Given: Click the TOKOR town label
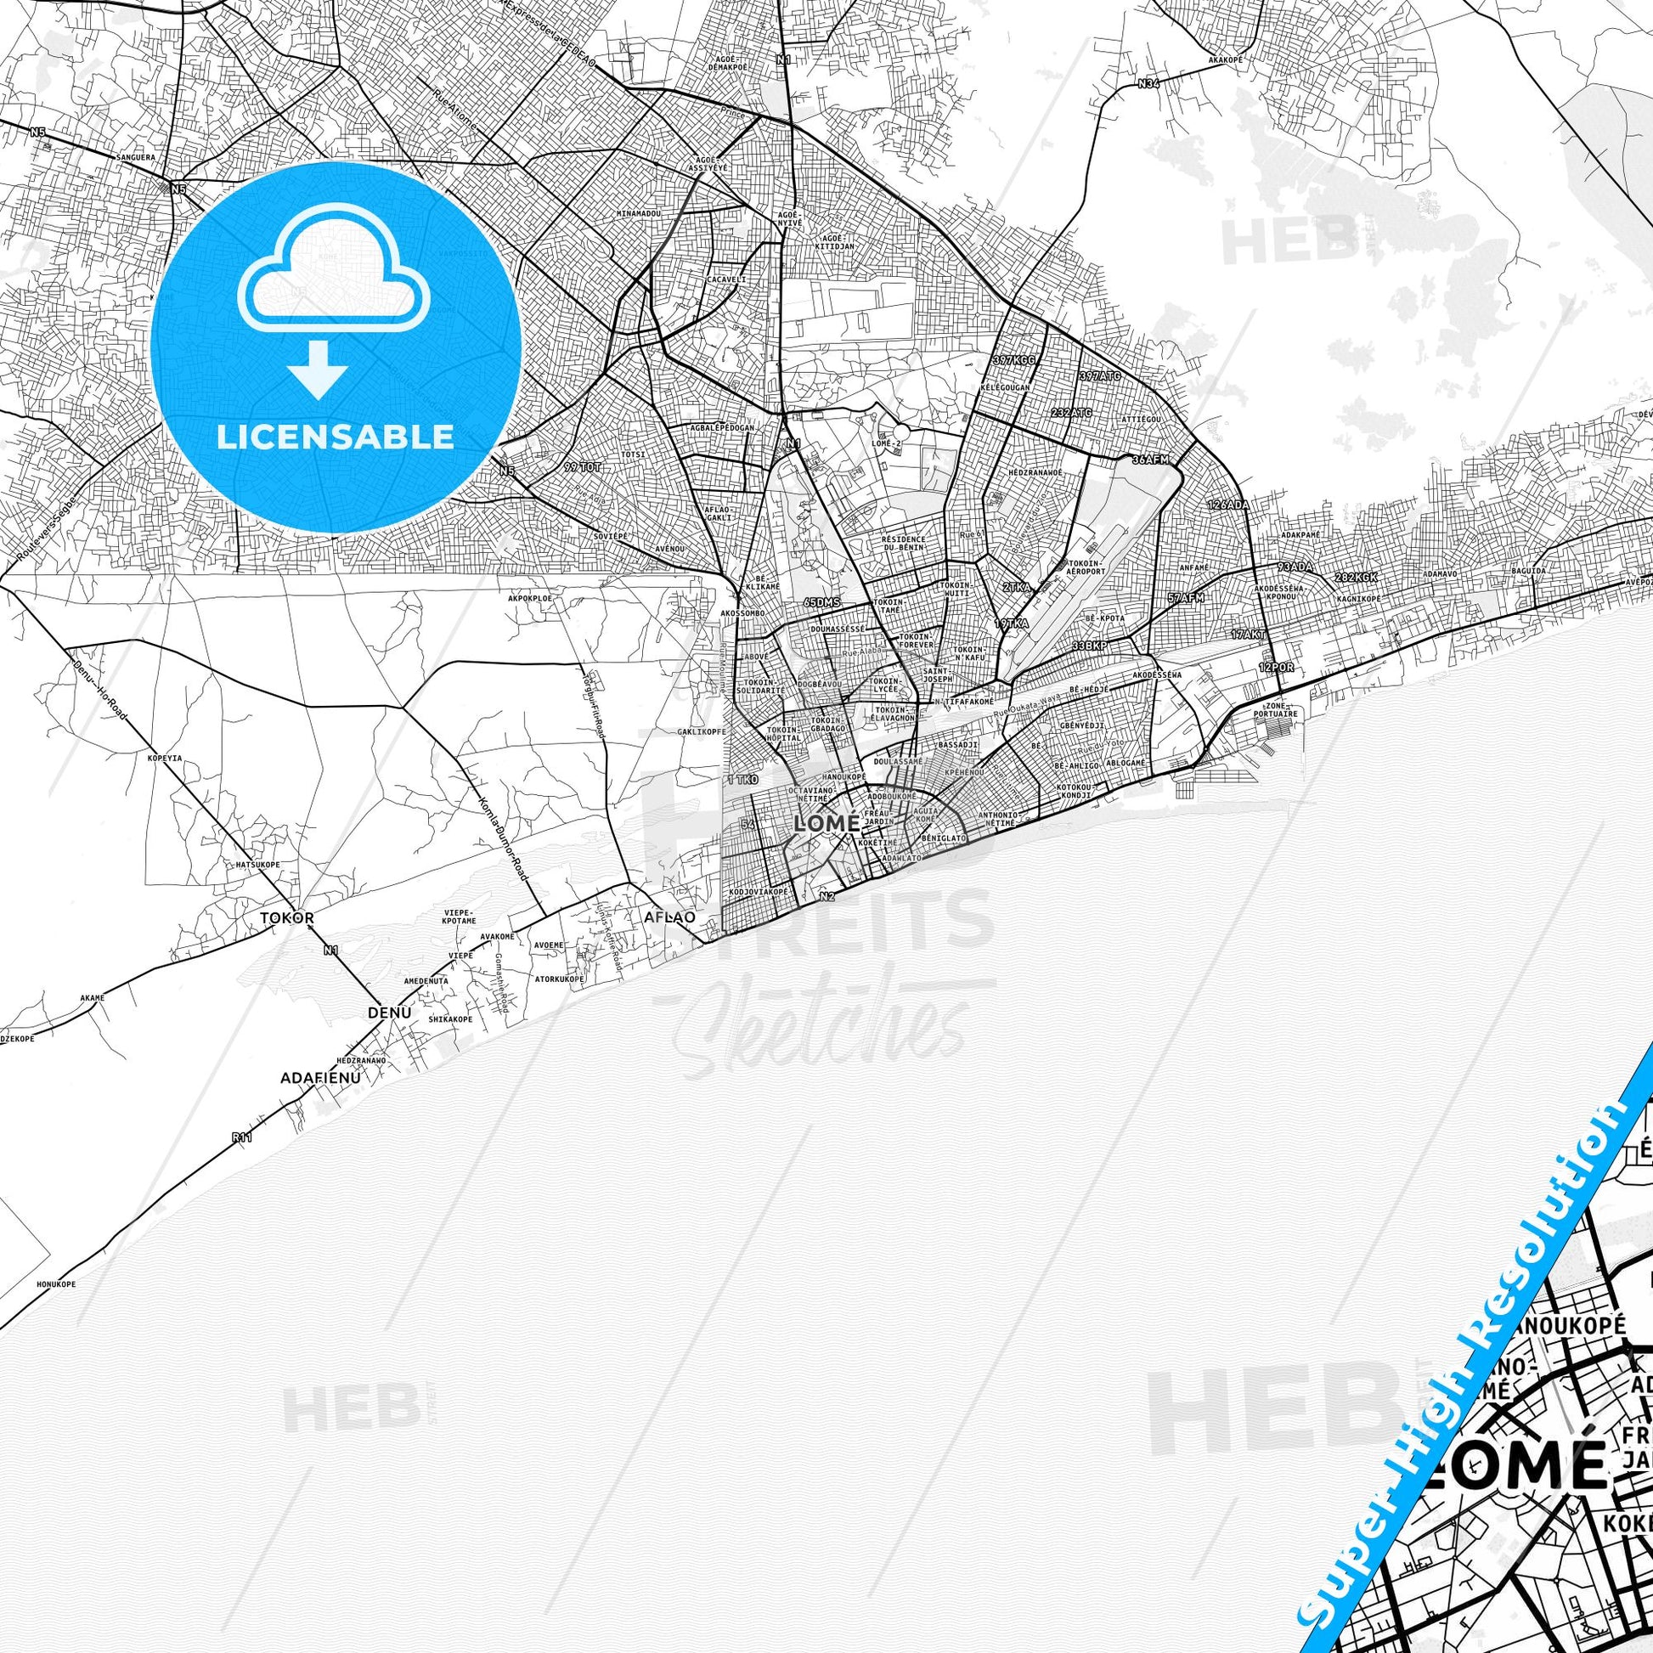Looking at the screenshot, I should tap(287, 917).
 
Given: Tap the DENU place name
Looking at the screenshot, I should tap(389, 1013).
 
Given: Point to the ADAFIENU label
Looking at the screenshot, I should tap(317, 1078).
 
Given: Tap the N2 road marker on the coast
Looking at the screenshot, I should tap(826, 896).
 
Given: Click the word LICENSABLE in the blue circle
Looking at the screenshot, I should tap(336, 436).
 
